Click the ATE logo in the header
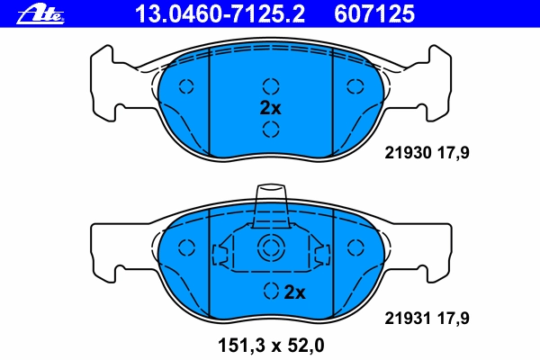[40, 14]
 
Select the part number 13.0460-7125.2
[220, 14]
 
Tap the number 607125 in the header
[374, 14]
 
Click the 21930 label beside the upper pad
[408, 153]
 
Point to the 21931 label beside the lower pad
[408, 319]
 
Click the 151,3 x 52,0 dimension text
[271, 346]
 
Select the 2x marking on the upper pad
[270, 108]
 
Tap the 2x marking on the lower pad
[295, 292]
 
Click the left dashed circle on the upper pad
[186, 86]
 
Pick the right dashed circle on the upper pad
[355, 86]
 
